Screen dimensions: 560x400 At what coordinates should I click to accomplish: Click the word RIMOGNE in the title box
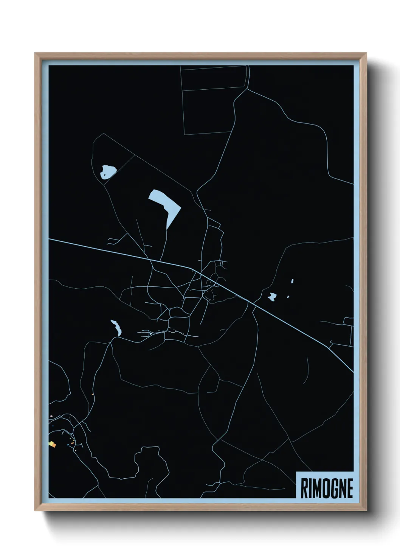tap(327, 488)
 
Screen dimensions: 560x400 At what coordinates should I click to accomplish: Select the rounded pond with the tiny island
tap(107, 172)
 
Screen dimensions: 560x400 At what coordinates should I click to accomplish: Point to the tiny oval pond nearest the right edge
tap(292, 281)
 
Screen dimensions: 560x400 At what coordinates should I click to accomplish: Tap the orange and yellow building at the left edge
tap(52, 444)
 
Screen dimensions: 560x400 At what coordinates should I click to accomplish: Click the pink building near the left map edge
tap(51, 417)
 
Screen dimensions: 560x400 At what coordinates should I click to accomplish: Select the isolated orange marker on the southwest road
tap(93, 395)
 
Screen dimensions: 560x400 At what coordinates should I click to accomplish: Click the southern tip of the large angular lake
tap(167, 228)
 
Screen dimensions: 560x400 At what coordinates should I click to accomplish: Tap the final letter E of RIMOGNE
tap(350, 488)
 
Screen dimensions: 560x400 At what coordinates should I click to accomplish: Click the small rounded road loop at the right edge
tap(349, 322)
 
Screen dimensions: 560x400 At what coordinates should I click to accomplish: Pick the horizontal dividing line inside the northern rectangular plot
tap(214, 89)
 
